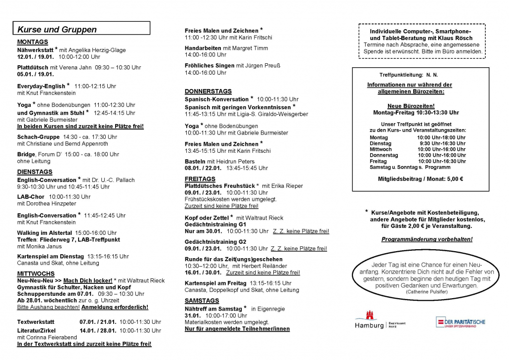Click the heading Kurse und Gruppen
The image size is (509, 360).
click(x=57, y=29)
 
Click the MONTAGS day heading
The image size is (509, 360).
click(x=33, y=42)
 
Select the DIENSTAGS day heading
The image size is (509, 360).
click(x=35, y=172)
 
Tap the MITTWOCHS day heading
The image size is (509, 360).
click(x=36, y=273)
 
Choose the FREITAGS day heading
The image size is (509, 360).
click(x=200, y=179)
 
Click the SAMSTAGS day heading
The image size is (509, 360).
click(x=202, y=300)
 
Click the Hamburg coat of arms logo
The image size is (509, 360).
click(x=369, y=316)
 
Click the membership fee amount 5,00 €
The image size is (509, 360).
click(x=454, y=179)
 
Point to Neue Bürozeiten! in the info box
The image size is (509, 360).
click(x=411, y=106)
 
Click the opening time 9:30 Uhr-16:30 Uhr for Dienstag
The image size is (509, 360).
click(x=441, y=143)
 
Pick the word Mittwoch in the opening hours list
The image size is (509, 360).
click(x=381, y=149)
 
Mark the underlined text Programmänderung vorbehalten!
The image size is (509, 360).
click(x=427, y=239)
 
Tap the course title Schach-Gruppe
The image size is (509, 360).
click(x=38, y=137)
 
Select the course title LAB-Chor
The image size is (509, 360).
click(x=31, y=196)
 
